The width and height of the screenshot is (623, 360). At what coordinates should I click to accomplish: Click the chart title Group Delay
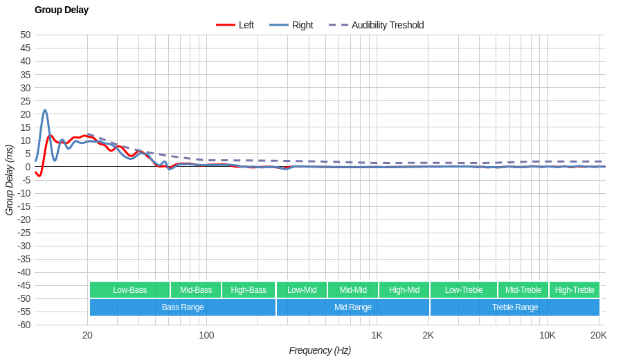point(62,10)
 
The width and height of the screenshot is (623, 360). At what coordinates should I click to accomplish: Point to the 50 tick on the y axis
point(25,35)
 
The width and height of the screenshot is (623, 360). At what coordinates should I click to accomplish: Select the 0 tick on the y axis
point(28,167)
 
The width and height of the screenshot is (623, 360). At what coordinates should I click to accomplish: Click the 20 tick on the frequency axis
point(87,335)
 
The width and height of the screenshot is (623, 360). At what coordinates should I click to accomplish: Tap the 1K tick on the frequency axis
point(377,335)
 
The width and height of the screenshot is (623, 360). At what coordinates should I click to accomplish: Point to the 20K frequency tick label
point(599,335)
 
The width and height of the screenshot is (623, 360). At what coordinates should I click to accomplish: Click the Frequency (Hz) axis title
point(320,350)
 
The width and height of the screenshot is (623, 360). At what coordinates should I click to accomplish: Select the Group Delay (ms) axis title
point(9,180)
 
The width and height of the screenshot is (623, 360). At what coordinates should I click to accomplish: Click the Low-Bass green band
point(129,290)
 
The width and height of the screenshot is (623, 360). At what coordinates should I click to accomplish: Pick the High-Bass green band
point(249,290)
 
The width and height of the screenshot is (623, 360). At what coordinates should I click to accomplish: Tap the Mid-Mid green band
point(353,290)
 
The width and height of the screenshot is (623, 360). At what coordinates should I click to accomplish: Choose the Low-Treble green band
point(464,290)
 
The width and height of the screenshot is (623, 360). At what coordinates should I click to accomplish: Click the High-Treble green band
point(575,290)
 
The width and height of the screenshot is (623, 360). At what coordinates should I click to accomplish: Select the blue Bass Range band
point(183,307)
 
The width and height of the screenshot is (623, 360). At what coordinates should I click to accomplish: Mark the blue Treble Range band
point(515,307)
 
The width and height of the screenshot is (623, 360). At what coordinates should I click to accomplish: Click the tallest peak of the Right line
point(45,110)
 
